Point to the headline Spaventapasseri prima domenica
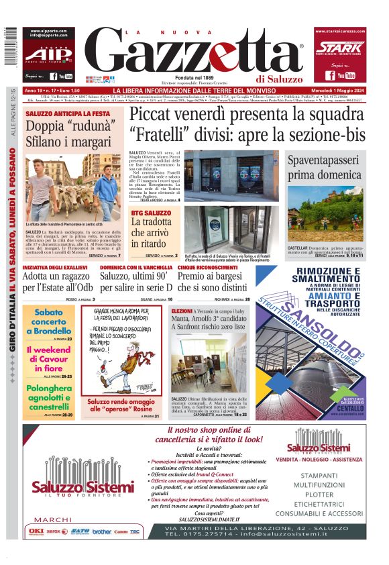tap(325, 168)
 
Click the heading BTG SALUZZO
tap(151, 213)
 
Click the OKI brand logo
tap(34, 531)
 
